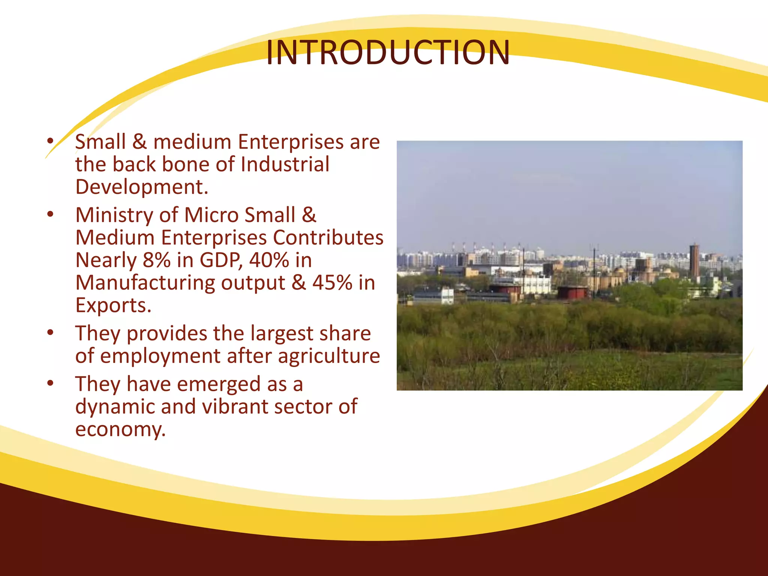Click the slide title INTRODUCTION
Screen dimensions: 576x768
coord(388,53)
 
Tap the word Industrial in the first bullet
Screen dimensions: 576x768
coord(285,164)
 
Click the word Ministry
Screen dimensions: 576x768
coord(114,216)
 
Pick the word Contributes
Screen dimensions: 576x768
coord(328,237)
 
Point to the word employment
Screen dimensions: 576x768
coord(160,356)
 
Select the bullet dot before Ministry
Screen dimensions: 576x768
coord(51,215)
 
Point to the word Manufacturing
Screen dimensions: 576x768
coord(145,283)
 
